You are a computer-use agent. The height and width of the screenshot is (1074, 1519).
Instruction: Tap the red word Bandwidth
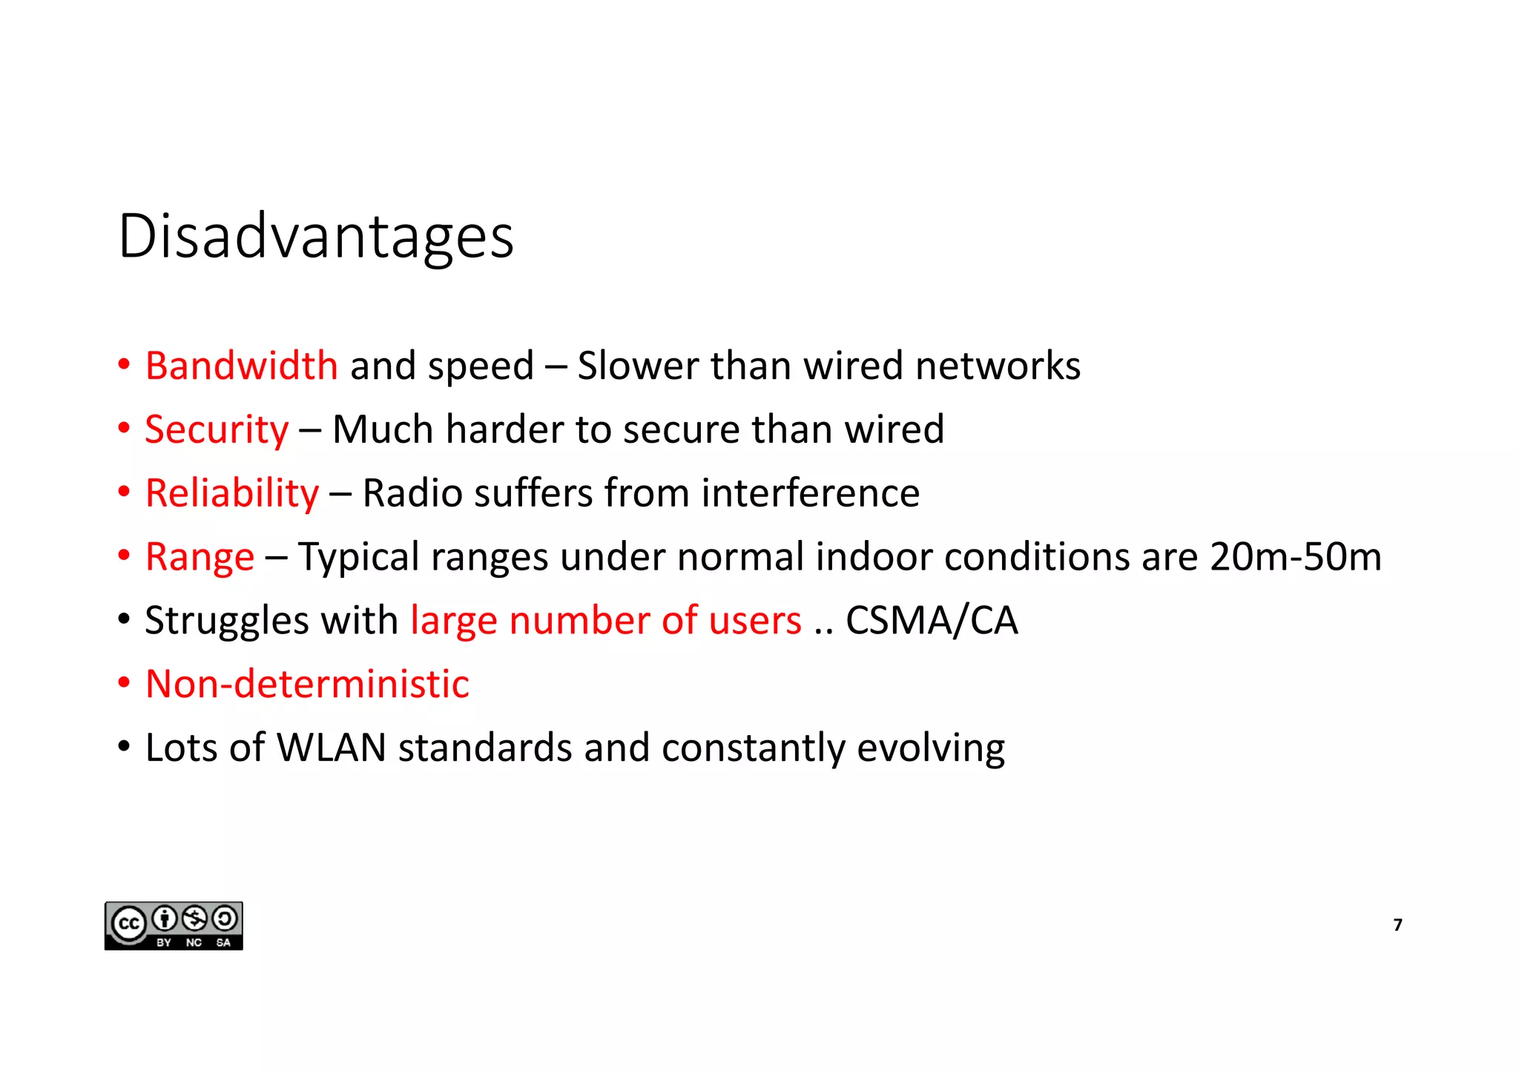[x=242, y=366]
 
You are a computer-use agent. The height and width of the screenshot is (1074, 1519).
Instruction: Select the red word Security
[x=217, y=429]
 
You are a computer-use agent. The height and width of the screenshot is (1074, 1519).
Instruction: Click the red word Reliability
[x=232, y=493]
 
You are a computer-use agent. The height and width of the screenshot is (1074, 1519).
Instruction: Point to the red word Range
[x=200, y=557]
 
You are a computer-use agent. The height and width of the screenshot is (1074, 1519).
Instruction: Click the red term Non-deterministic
[x=307, y=684]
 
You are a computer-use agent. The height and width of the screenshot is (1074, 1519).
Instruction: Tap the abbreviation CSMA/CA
[x=932, y=621]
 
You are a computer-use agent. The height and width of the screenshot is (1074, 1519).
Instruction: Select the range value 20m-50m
[x=1295, y=557]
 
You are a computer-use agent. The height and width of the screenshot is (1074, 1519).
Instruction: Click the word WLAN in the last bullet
[x=332, y=748]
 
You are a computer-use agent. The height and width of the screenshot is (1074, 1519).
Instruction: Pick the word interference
[x=810, y=493]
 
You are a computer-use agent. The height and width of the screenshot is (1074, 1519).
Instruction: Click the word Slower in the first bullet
[x=638, y=366]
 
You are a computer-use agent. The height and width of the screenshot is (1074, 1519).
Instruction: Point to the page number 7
[x=1397, y=925]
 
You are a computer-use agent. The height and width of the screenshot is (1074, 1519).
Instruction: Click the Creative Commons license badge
[x=174, y=926]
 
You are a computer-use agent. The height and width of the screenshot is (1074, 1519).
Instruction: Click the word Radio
[x=412, y=493]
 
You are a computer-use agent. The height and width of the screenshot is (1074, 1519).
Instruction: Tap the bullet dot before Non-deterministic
[x=124, y=682]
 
